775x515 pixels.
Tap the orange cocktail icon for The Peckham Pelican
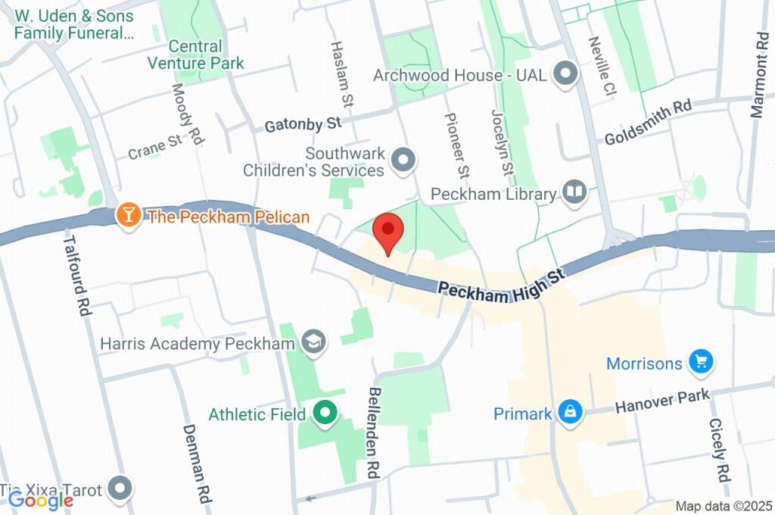(x=129, y=216)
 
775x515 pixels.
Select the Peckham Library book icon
(x=575, y=192)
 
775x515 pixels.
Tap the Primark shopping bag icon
(x=568, y=413)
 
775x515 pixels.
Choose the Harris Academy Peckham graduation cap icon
(x=311, y=342)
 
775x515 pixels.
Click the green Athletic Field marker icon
(x=325, y=414)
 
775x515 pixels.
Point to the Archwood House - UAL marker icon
(x=565, y=75)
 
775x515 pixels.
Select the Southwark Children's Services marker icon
(x=403, y=160)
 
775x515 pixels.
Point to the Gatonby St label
(x=303, y=123)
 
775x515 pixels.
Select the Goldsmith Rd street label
(x=648, y=121)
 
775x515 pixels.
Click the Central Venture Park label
(x=196, y=55)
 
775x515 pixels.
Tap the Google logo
(x=40, y=499)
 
